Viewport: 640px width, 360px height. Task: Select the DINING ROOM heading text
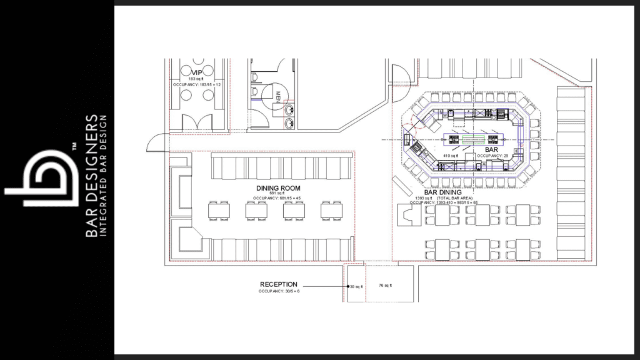point(278,188)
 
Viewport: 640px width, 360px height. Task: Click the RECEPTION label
point(279,284)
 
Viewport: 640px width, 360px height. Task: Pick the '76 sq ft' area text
point(385,286)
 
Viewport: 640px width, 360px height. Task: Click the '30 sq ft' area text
point(356,286)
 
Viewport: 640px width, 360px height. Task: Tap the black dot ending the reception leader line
point(348,286)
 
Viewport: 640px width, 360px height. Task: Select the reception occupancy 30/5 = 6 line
point(278,291)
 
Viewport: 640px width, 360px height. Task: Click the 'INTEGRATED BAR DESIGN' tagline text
point(104,175)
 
